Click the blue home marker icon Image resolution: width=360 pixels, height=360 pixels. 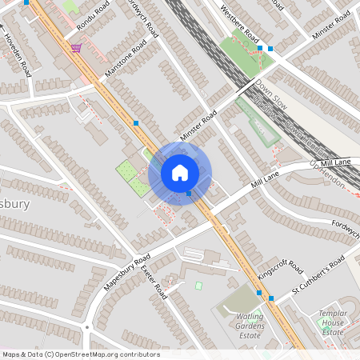coord(180,172)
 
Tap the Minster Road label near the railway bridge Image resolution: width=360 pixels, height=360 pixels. coord(198,127)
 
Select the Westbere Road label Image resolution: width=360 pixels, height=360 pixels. coord(242,29)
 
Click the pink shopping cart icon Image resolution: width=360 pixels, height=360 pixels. coord(76,48)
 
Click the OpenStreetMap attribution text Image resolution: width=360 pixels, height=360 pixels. coord(81,354)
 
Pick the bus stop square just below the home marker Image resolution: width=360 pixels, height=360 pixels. coord(189,194)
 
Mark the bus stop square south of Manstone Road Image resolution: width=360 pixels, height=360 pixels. coord(137,123)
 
